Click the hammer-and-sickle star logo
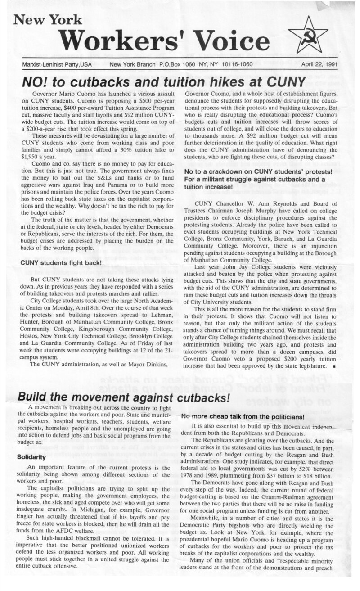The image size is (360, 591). pos(308,34)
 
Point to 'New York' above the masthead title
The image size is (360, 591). pos(48,19)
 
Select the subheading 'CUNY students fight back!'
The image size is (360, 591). pos(61,262)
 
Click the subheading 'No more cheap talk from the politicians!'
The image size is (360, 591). pos(248,416)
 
